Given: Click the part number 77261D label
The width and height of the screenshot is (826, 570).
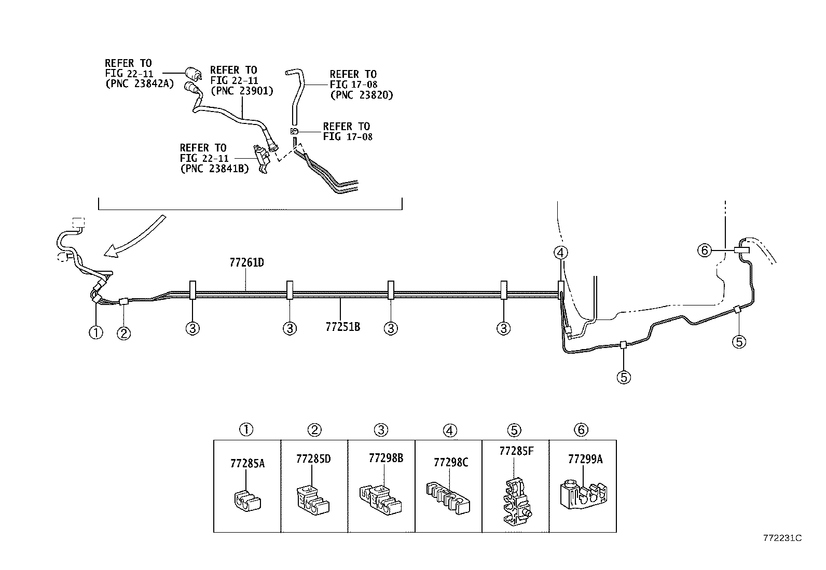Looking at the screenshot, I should pos(246,262).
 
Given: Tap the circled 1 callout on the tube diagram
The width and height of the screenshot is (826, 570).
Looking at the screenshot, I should pos(96,332).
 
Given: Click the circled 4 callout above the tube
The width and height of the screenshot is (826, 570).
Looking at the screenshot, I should pos(560,253).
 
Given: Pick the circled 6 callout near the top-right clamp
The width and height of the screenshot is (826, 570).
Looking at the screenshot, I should pos(704,251).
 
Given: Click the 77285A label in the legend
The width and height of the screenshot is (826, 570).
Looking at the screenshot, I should pos(247,463).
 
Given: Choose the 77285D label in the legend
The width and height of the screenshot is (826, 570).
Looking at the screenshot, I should pos(313,459).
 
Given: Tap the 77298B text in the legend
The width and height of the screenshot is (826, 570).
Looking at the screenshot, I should pos(386,458).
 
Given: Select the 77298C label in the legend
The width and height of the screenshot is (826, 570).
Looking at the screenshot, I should pos(451,462).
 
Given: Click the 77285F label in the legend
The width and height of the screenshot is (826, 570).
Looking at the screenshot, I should pos(516,451).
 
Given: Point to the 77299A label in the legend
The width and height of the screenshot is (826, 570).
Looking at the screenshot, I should pos(585,459).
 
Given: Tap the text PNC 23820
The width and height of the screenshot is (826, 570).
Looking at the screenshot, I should pos(362,95).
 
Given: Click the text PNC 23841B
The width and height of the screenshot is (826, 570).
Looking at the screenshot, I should pos(214,168).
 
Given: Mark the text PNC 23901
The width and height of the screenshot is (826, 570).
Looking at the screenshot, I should pos(242,91).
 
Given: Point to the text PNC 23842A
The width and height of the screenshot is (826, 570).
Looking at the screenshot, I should pos(139,84).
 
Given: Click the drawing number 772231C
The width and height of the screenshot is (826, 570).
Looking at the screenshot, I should pos(782,538).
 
